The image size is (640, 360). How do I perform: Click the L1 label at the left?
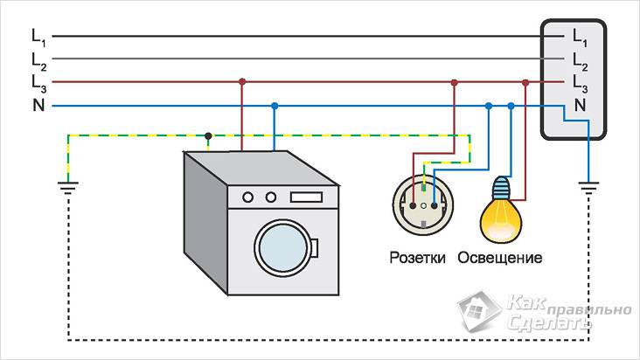pyautogui.click(x=38, y=37)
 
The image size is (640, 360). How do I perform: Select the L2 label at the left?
pyautogui.click(x=38, y=59)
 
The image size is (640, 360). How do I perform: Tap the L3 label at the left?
pyautogui.click(x=38, y=83)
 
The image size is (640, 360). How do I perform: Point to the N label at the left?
pyautogui.click(x=37, y=106)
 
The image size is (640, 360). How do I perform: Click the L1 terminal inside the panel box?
pyautogui.click(x=581, y=37)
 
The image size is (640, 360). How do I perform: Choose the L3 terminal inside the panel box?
pyautogui.click(x=581, y=83)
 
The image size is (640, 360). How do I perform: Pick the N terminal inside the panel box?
pyautogui.click(x=580, y=106)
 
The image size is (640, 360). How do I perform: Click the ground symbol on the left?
pyautogui.click(x=68, y=185)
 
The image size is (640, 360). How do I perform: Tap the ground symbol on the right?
pyautogui.click(x=589, y=185)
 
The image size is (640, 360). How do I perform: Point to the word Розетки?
pyautogui.click(x=419, y=258)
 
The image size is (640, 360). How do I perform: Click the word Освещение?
pyautogui.click(x=500, y=258)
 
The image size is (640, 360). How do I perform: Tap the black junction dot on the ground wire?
pyautogui.click(x=208, y=135)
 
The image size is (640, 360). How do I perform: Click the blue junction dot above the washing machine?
pyautogui.click(x=275, y=106)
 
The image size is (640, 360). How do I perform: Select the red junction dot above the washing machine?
pyautogui.click(x=241, y=83)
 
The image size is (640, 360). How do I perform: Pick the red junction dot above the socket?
pyautogui.click(x=454, y=83)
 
